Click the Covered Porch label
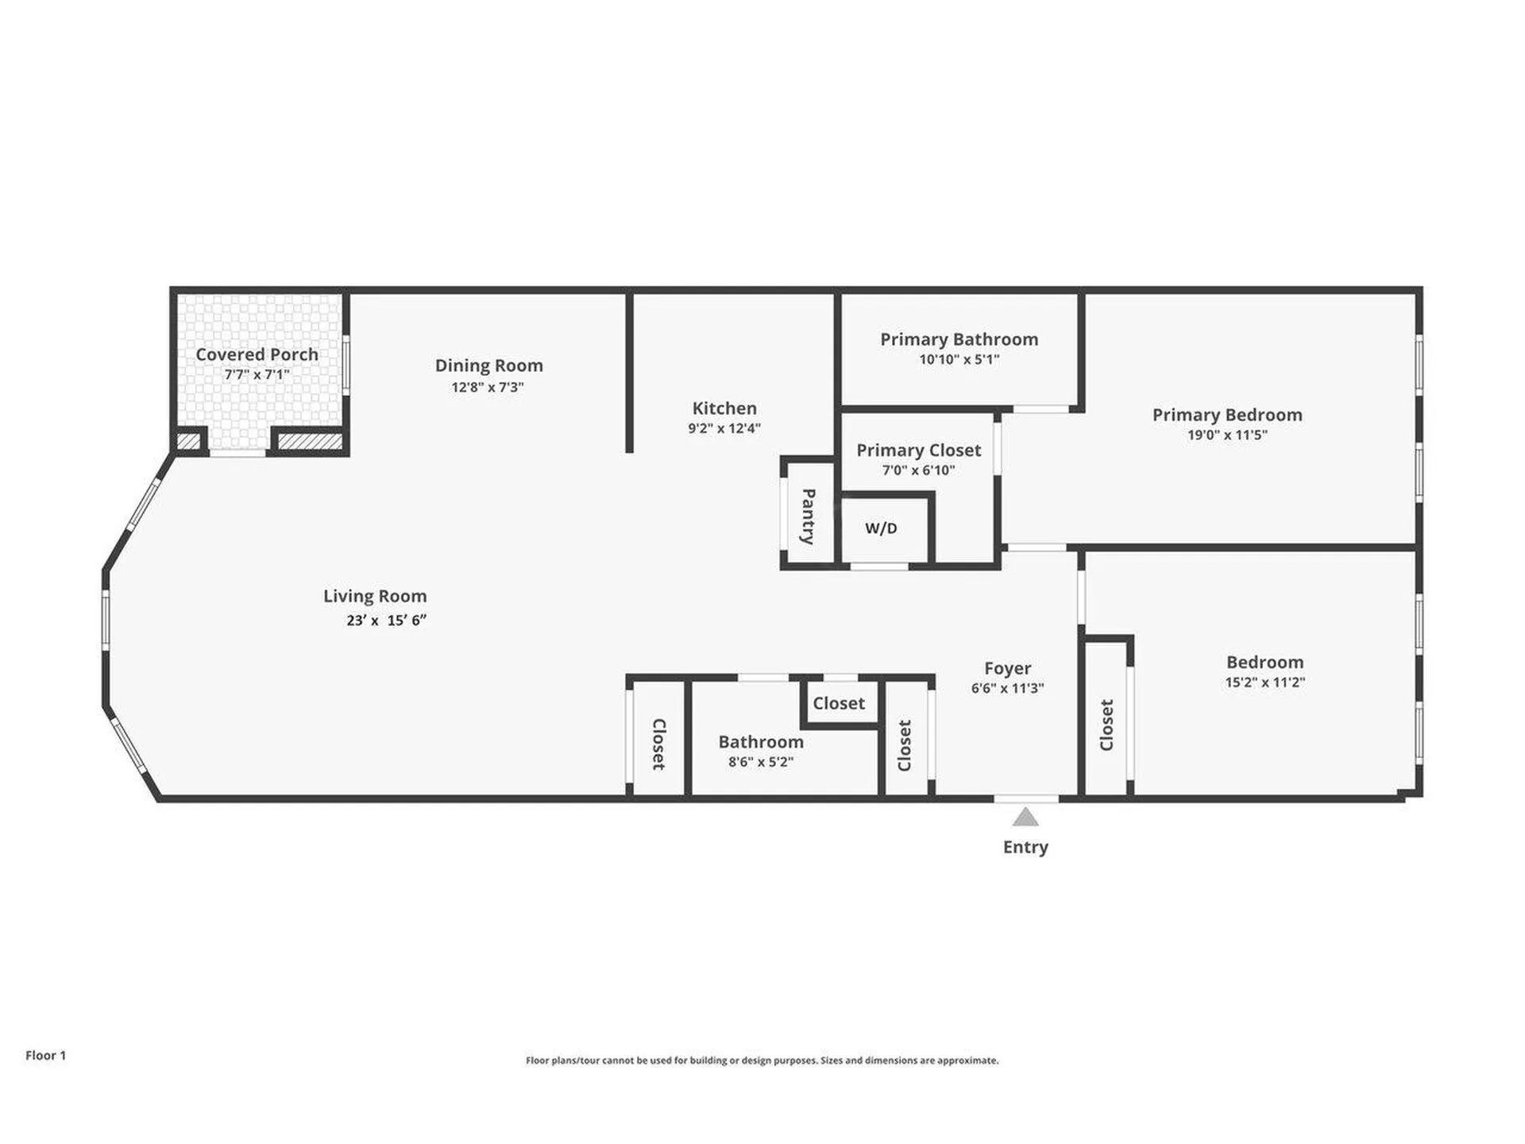[257, 354]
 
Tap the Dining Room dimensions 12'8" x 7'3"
[488, 387]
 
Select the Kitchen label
[724, 408]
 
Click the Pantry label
[808, 516]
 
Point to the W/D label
[881, 528]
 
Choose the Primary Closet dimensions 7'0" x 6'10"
[918, 470]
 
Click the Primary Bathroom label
[959, 339]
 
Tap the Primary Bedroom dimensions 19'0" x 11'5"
[1227, 435]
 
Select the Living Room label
[375, 596]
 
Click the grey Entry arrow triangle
[1025, 817]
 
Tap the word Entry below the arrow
[1025, 847]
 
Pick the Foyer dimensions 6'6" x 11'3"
[1007, 688]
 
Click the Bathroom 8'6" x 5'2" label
[761, 742]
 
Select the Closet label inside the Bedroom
[1106, 725]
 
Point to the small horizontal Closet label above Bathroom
[839, 703]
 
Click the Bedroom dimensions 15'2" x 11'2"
[1264, 682]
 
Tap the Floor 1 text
[45, 1055]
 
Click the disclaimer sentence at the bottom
[762, 1061]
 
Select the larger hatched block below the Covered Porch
[309, 441]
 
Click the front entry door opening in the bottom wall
[1025, 798]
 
